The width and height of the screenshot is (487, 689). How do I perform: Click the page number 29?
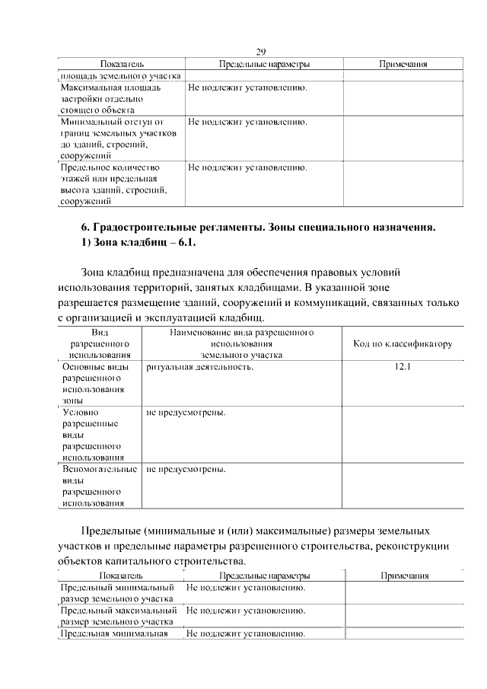tap(260, 52)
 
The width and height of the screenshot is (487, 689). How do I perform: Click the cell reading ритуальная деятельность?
tap(200, 367)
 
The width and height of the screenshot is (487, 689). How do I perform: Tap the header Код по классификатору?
tap(403, 344)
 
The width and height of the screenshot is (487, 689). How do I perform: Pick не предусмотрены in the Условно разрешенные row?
tap(186, 413)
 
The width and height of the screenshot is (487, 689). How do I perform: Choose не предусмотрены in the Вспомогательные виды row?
tap(186, 470)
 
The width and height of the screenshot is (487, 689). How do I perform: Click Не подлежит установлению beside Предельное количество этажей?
tap(247, 167)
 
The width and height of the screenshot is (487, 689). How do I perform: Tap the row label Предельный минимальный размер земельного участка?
tap(118, 594)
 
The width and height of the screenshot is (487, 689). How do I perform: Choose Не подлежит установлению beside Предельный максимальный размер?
tap(247, 611)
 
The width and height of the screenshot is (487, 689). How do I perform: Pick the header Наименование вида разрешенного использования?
tap(242, 344)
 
